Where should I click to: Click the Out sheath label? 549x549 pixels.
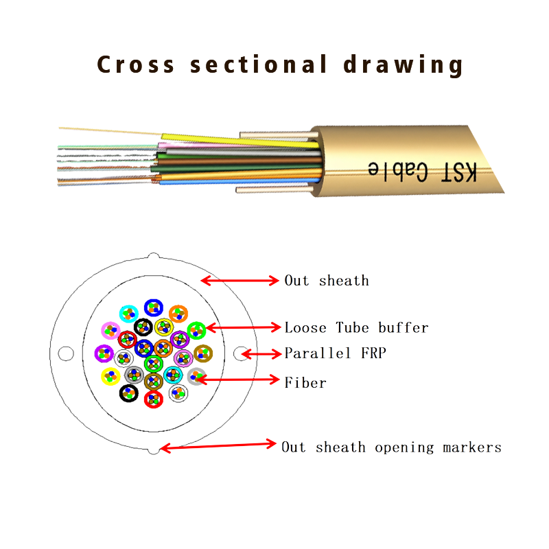(327, 281)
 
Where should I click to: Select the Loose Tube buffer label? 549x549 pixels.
(356, 327)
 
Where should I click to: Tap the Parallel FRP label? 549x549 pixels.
(336, 353)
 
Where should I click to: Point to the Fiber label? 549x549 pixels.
(305, 382)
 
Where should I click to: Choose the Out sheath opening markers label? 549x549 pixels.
(391, 447)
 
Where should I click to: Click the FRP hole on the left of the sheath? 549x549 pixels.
(65, 353)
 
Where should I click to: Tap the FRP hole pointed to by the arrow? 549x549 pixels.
(240, 353)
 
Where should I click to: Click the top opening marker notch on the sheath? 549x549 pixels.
(154, 257)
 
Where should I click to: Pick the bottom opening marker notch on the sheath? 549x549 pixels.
(153, 450)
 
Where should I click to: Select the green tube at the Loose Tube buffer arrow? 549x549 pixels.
(196, 330)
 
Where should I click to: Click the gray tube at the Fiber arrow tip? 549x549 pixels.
(196, 376)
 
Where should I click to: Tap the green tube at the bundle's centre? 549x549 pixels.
(153, 363)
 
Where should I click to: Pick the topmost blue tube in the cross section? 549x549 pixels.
(153, 308)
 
